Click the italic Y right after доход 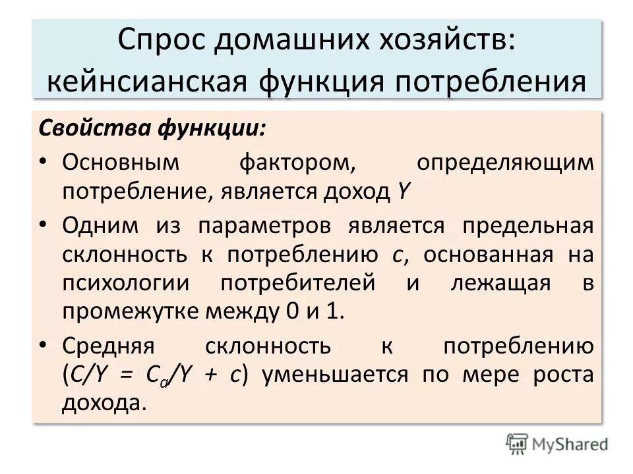point(403,192)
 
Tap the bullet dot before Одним point(42,225)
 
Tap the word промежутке point(131,311)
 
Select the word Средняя point(107,346)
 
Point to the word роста point(562,375)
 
